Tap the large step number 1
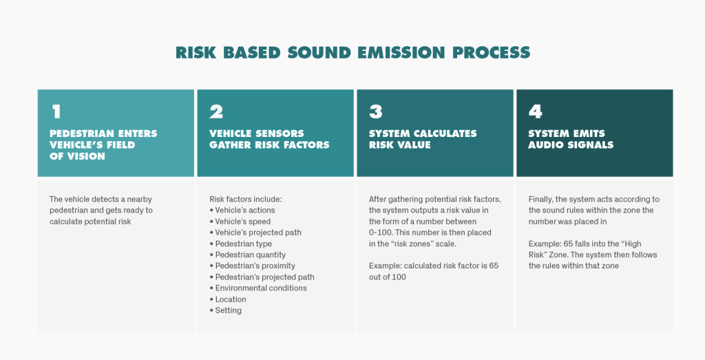click(56, 112)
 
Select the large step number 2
click(216, 112)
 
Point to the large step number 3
click(376, 112)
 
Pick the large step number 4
click(536, 112)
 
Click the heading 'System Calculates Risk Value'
click(423, 139)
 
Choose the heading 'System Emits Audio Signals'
click(571, 139)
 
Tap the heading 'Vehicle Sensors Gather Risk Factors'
click(269, 139)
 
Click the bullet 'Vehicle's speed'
click(240, 222)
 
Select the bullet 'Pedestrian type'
click(240, 244)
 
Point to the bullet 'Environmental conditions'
click(258, 288)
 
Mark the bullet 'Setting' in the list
click(225, 310)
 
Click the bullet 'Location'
click(228, 299)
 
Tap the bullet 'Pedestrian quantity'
click(248, 255)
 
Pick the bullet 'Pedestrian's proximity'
click(252, 266)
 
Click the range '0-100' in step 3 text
click(380, 233)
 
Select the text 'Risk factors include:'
click(246, 199)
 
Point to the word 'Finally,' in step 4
click(541, 199)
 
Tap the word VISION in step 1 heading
click(76, 156)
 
